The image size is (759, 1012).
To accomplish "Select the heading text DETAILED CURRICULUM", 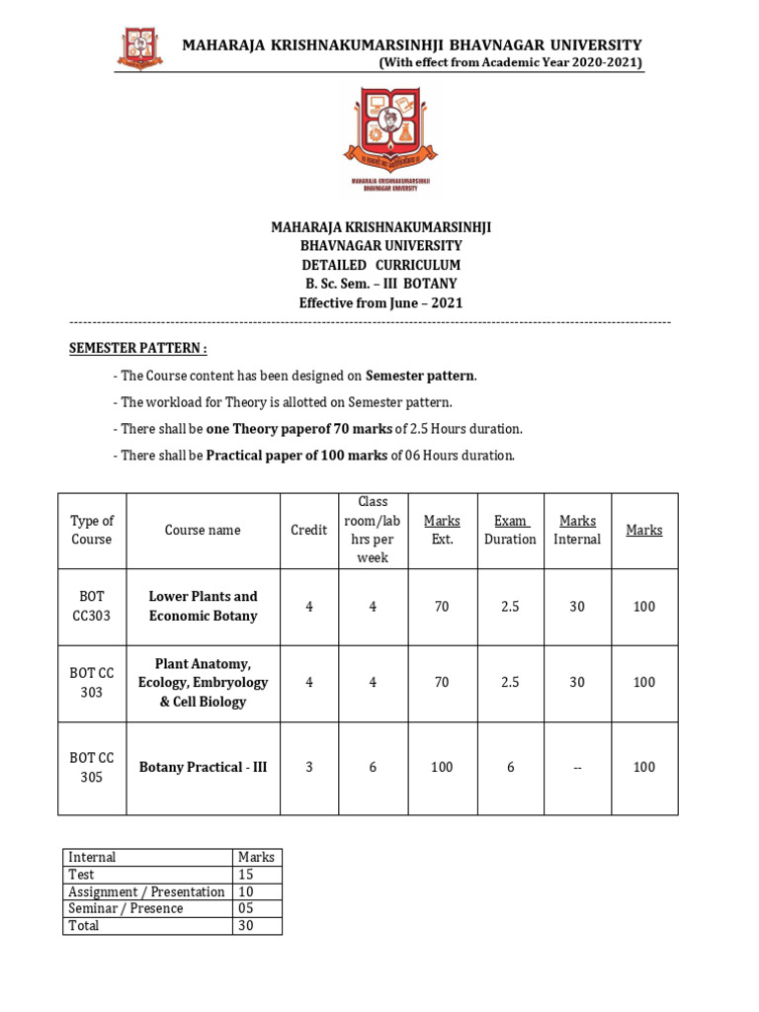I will tap(380, 265).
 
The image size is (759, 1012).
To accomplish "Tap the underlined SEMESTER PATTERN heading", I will tap(137, 349).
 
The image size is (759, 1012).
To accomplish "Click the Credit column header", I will tap(308, 531).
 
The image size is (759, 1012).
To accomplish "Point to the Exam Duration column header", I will tap(510, 531).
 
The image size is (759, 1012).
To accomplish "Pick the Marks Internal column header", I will tap(577, 531).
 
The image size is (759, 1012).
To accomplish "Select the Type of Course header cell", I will tap(92, 531).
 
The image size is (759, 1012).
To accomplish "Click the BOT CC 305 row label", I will tap(92, 768).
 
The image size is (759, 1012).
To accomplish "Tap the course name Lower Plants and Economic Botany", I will tap(203, 606).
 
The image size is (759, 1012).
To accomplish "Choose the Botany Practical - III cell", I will tap(203, 767).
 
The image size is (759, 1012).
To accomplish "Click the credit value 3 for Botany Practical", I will tap(308, 767).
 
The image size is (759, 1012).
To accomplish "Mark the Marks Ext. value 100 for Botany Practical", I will tap(442, 767).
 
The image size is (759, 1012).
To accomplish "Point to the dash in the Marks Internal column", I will tap(577, 767).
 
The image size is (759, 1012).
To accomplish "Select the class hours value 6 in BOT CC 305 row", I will tap(373, 767).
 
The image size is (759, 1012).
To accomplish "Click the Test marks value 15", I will tap(246, 875).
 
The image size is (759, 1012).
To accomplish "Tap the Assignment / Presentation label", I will tap(146, 891).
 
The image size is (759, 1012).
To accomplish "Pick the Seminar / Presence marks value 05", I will tap(246, 908).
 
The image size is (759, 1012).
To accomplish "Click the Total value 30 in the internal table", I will tap(246, 926).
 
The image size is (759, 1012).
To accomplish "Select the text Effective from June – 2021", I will tap(380, 303).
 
